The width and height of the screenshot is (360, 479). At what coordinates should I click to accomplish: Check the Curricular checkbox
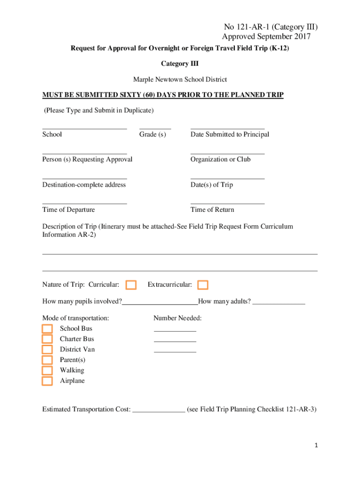pos(131,285)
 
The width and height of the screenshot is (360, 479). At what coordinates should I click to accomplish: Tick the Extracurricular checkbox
pos(203,285)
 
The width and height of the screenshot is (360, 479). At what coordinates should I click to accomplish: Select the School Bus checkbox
pos(47,328)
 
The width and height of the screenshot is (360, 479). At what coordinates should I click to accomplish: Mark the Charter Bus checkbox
pos(47,339)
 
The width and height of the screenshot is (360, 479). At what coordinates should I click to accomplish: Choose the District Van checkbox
pos(47,349)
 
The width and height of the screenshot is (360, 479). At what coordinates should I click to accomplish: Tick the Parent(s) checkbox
pos(47,360)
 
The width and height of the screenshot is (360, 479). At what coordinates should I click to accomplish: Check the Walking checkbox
pos(47,370)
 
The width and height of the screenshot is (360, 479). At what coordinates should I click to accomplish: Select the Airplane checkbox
pos(47,381)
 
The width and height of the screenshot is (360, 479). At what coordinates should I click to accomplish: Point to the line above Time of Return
pos(227,202)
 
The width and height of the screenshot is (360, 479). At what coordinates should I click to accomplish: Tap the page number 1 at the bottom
pos(316,446)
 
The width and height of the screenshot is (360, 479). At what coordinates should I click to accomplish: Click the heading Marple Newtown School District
pos(180,80)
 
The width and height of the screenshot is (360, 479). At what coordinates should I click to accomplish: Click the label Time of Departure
pos(68,210)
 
